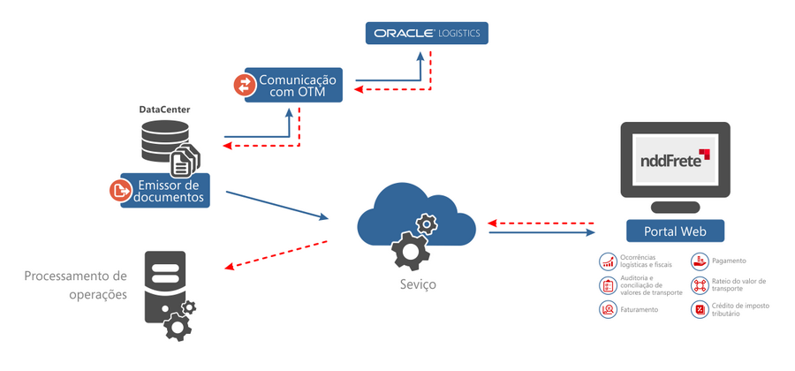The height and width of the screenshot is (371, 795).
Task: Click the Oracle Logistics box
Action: pos(427,33)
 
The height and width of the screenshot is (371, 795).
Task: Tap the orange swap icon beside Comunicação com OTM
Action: pos(244,85)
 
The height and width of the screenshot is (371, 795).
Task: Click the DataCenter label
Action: pos(164,110)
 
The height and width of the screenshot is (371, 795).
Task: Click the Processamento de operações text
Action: pos(75,284)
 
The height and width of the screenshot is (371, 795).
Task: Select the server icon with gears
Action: pos(168,295)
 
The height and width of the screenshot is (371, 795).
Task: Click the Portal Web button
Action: pos(675,231)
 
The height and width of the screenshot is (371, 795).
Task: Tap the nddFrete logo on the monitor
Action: pos(675,160)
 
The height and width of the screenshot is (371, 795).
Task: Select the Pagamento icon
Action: pos(699,261)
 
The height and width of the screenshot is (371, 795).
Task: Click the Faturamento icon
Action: pos(607,310)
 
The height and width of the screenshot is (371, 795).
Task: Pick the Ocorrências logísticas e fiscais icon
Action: pos(607,261)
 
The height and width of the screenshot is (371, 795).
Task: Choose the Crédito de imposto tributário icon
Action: pos(699,310)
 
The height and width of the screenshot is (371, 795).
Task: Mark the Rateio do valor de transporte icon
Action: pos(699,285)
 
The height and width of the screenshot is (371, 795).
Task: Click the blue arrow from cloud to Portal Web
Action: pos(541,232)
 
